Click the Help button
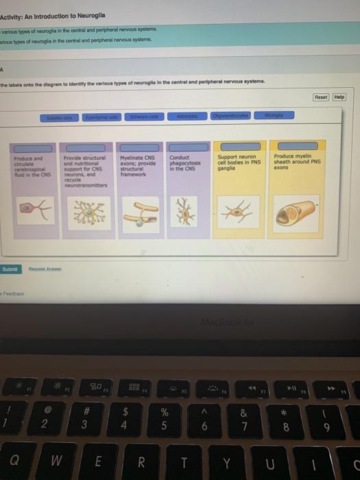coord(339,98)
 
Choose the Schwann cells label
coord(144,118)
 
